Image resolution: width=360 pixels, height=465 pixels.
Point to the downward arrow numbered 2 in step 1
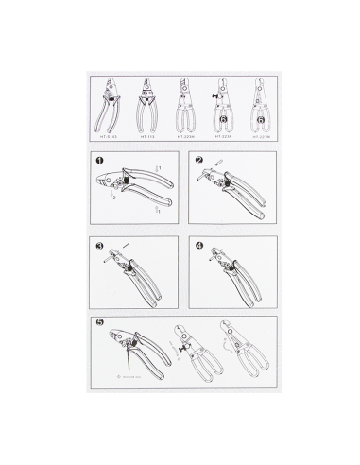[113, 195]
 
